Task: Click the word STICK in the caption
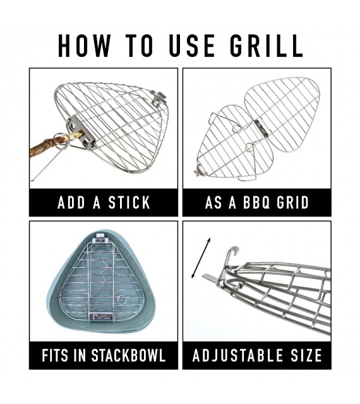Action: click(x=129, y=203)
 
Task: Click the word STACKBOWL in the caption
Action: click(x=128, y=355)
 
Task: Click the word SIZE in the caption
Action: click(x=306, y=355)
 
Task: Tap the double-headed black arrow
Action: click(x=201, y=258)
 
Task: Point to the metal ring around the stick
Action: click(x=61, y=141)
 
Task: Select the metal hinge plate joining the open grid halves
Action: click(x=261, y=128)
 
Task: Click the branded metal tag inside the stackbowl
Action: click(x=101, y=317)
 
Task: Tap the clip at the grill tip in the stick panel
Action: click(x=157, y=98)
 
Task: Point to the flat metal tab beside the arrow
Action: click(x=210, y=277)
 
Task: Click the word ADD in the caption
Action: click(x=71, y=203)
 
